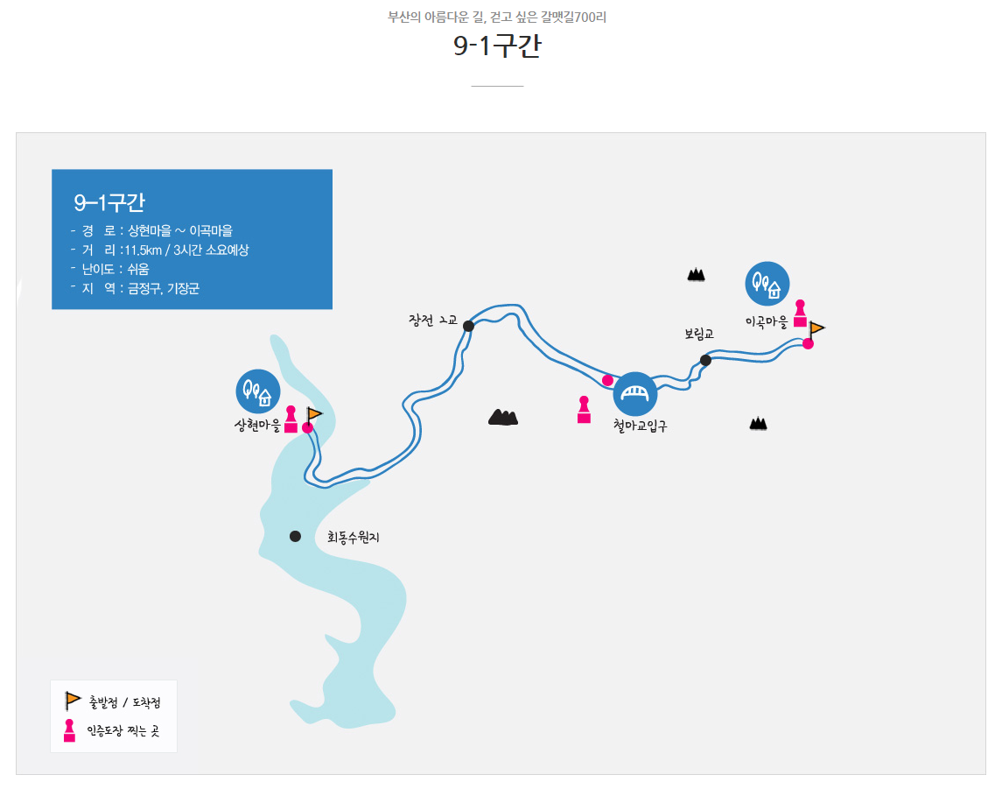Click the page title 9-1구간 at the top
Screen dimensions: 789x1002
497,46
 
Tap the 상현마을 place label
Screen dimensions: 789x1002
257,426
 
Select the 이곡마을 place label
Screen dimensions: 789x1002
767,322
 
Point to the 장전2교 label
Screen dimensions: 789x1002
432,320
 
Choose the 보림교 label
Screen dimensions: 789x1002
699,334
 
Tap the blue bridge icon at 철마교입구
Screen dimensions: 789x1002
635,394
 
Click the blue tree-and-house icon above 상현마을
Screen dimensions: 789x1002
258,391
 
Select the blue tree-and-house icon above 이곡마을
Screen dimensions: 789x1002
767,284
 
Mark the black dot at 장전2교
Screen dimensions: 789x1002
468,326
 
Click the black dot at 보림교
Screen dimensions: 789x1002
705,360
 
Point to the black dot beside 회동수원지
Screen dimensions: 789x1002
295,536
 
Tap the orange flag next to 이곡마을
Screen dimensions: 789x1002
816,329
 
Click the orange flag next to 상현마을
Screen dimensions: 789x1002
314,414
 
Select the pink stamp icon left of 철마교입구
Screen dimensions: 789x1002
584,410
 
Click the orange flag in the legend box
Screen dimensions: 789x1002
73,701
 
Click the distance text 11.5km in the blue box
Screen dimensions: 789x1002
144,250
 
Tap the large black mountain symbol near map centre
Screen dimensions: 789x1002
503,418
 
